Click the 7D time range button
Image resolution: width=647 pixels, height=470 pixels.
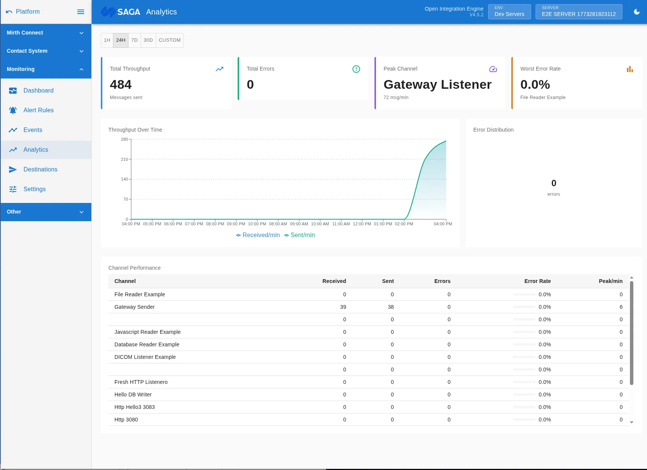click(x=134, y=40)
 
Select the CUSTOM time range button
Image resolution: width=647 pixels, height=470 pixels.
click(x=169, y=40)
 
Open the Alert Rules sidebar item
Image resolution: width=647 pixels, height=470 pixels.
click(x=38, y=110)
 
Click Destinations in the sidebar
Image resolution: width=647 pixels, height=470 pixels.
click(x=40, y=169)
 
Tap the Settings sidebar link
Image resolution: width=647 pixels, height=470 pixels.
click(x=34, y=189)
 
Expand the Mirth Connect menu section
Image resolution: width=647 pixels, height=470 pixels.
click(x=46, y=33)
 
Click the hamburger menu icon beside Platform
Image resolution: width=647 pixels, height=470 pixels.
click(x=81, y=12)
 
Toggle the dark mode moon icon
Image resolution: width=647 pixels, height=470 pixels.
click(x=637, y=12)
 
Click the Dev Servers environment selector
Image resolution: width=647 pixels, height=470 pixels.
click(x=509, y=12)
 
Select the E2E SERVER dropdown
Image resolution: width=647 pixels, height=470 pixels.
click(x=578, y=12)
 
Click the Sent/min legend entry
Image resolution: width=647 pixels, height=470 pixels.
click(x=299, y=235)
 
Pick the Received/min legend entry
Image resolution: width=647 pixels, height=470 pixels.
click(x=258, y=235)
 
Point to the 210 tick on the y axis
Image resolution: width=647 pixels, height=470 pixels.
click(x=124, y=159)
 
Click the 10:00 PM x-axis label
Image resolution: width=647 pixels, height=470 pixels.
click(x=257, y=224)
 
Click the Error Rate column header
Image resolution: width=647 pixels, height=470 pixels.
click(x=537, y=281)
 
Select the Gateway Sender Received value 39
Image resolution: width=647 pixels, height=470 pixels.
click(x=343, y=307)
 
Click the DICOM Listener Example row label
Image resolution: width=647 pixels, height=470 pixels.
click(x=145, y=357)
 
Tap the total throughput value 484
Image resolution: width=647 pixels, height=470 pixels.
click(x=121, y=84)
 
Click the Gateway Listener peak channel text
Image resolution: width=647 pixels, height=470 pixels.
click(x=437, y=84)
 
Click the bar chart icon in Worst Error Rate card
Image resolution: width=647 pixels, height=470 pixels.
click(x=630, y=69)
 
